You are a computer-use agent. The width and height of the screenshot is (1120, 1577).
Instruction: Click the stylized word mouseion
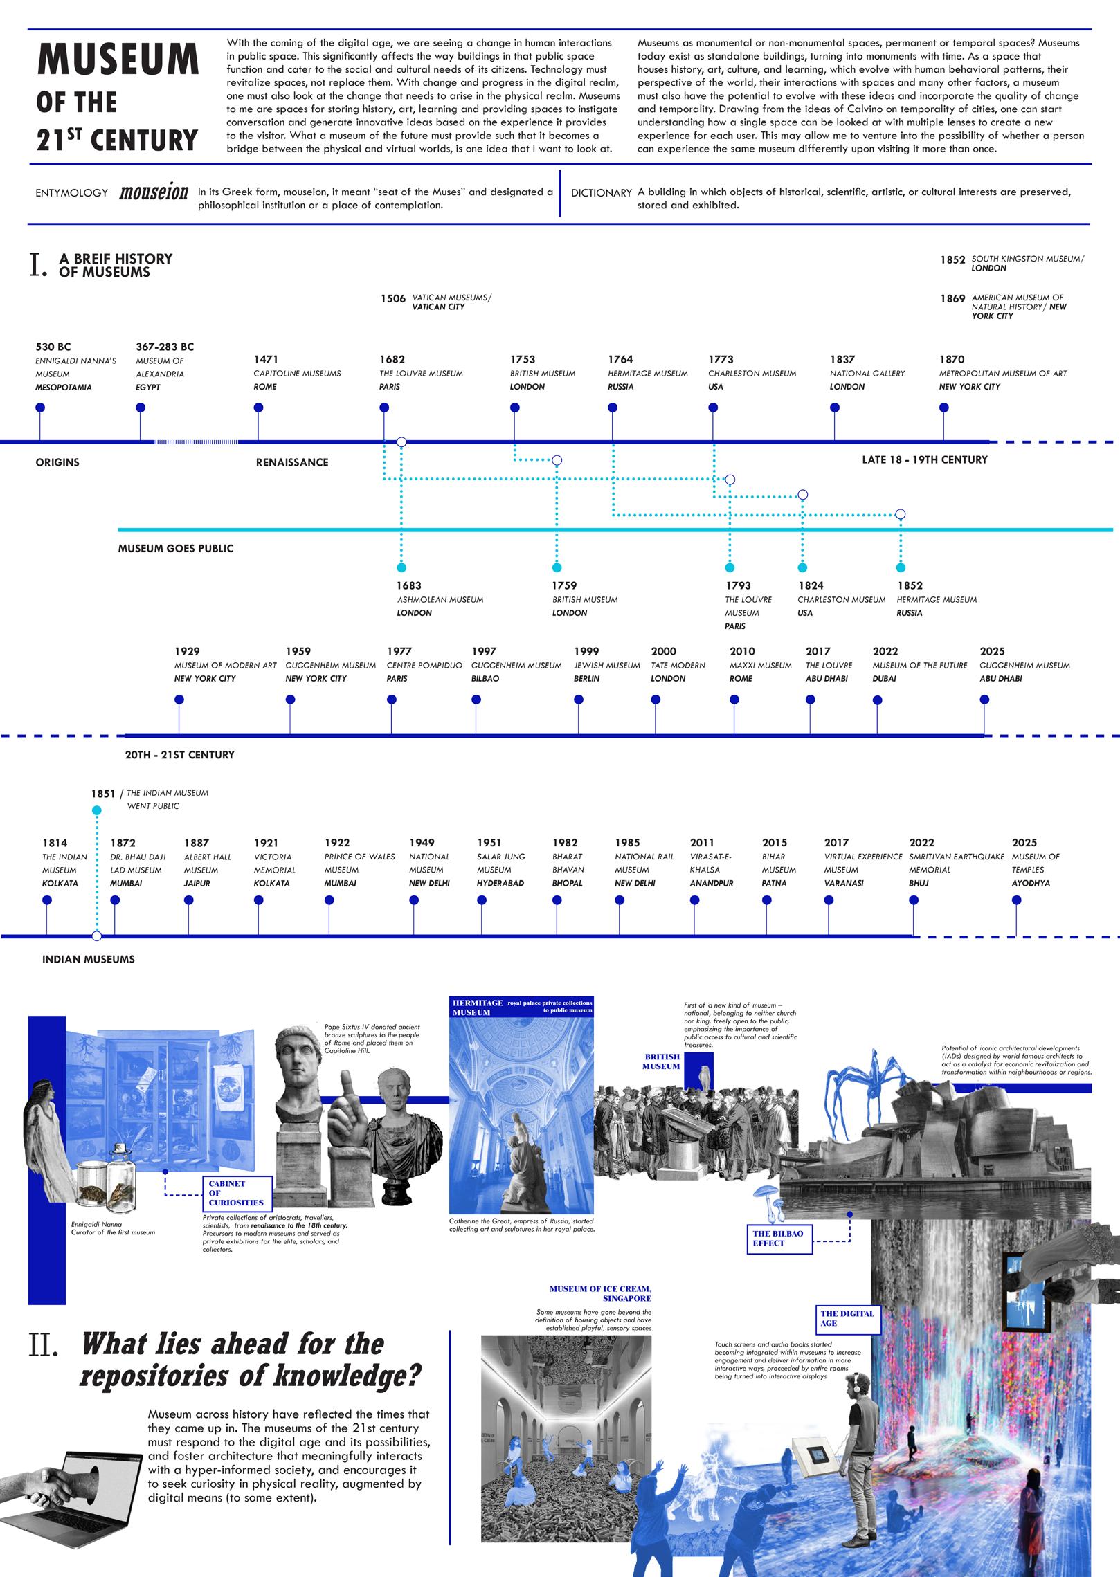154,192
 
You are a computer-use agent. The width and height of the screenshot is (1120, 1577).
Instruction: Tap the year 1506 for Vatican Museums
392,299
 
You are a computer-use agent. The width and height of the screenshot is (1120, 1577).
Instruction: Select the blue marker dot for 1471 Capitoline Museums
259,408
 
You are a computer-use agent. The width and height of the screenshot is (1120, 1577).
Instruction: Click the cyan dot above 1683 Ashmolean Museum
402,568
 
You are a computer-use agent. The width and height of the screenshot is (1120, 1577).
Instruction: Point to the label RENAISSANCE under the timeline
292,462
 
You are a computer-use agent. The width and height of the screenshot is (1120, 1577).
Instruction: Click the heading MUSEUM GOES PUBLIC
176,549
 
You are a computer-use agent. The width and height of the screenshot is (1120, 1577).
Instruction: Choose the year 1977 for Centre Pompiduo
399,651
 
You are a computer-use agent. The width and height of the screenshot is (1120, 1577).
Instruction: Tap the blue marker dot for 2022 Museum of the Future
878,700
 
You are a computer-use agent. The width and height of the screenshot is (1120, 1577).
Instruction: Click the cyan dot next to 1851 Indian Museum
97,810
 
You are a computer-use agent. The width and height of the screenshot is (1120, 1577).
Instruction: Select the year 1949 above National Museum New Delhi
422,843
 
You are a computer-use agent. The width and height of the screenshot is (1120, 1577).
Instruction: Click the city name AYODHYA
1031,884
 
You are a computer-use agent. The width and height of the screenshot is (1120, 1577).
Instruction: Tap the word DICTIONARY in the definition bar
601,193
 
